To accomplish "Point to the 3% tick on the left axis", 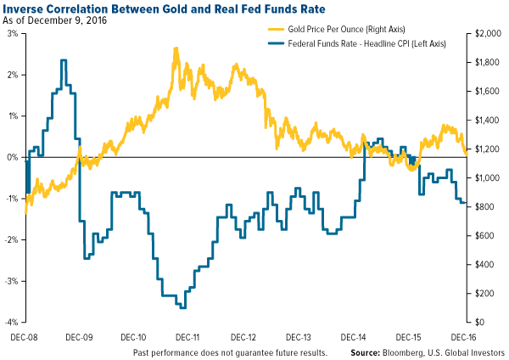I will [13, 33].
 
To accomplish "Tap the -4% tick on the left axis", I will [11, 322].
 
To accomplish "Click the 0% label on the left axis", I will [13, 157].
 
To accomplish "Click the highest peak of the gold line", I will [175, 48].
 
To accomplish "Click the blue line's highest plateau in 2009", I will [64, 60].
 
